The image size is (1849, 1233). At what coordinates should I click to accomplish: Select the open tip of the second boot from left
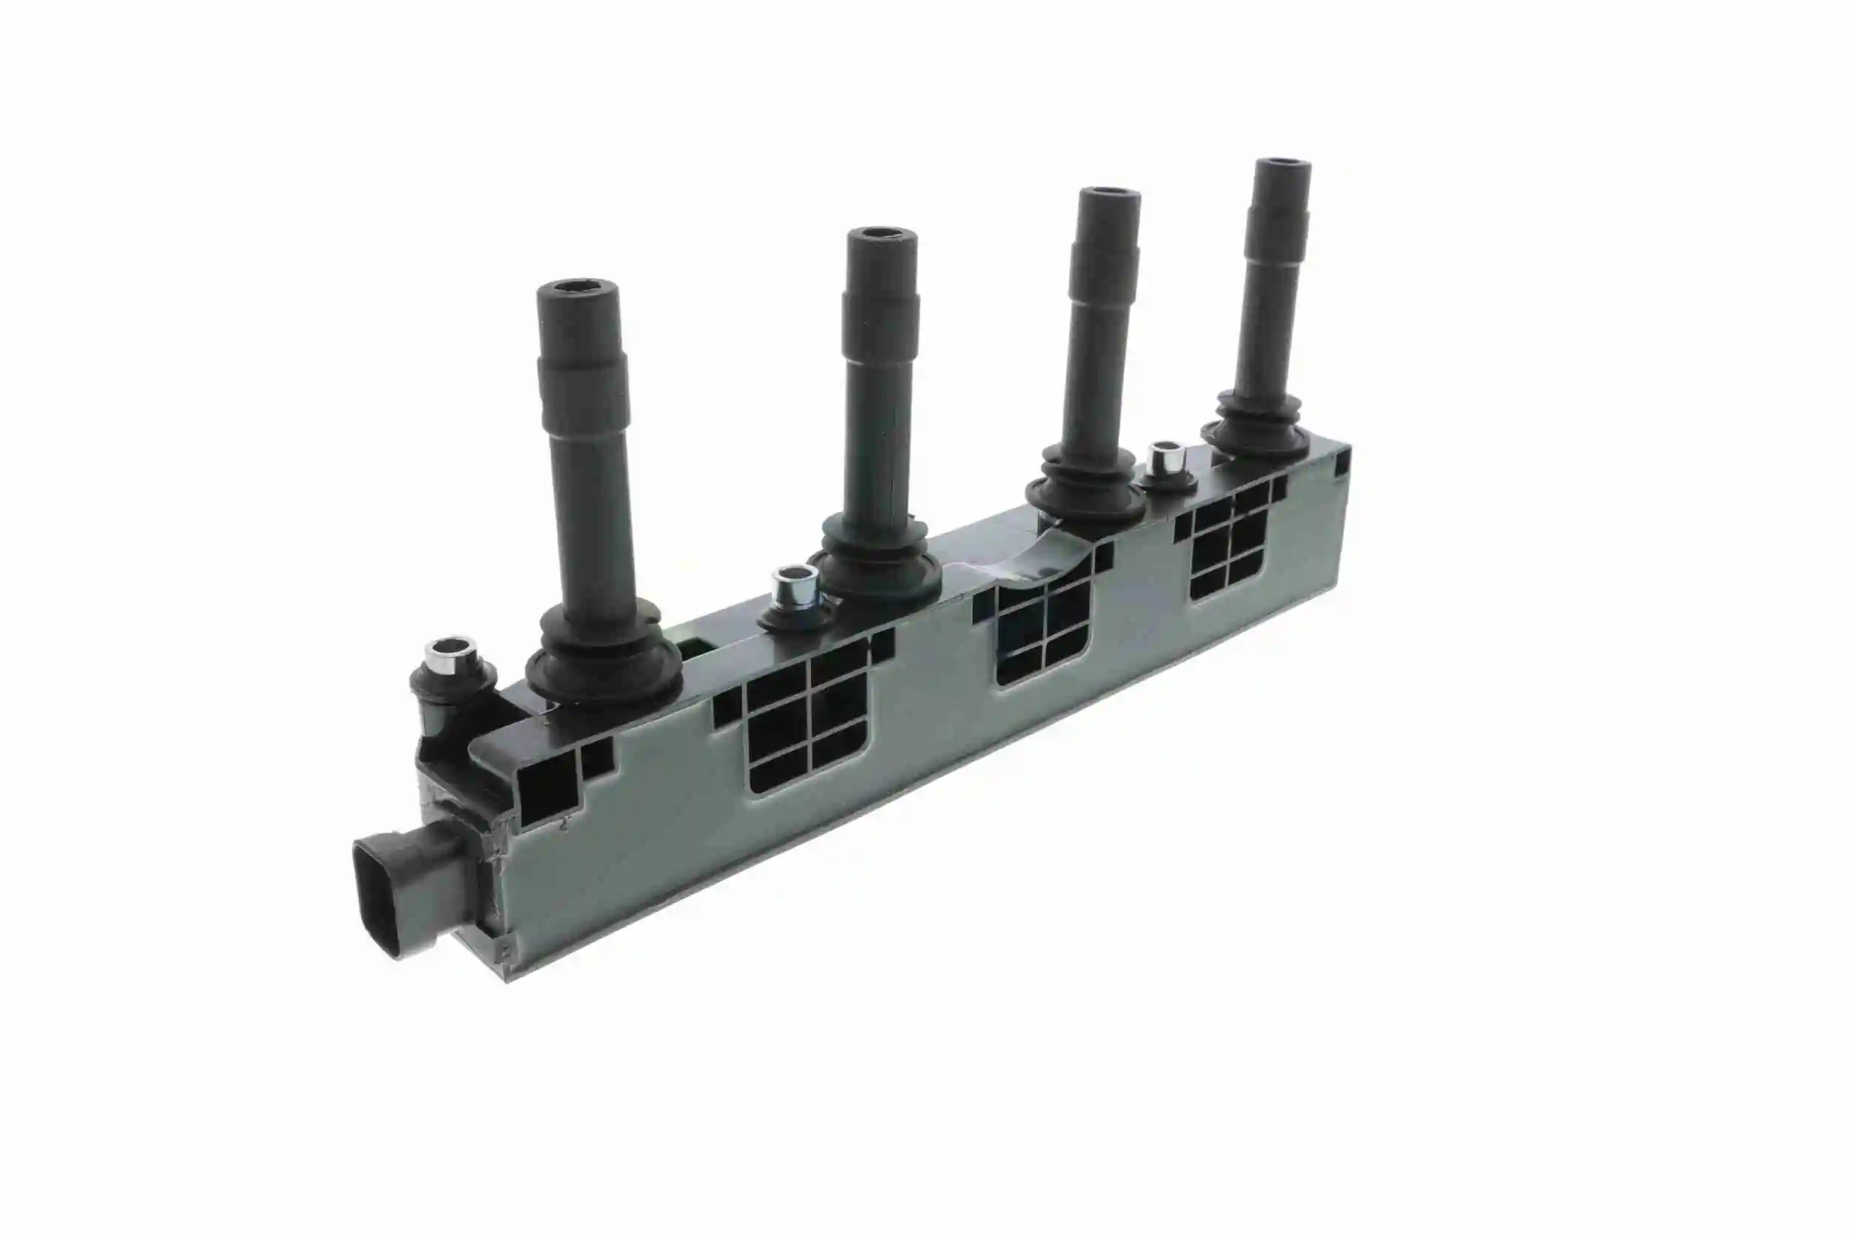(882, 235)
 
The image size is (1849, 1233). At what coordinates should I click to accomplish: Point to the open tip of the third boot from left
(1108, 193)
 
